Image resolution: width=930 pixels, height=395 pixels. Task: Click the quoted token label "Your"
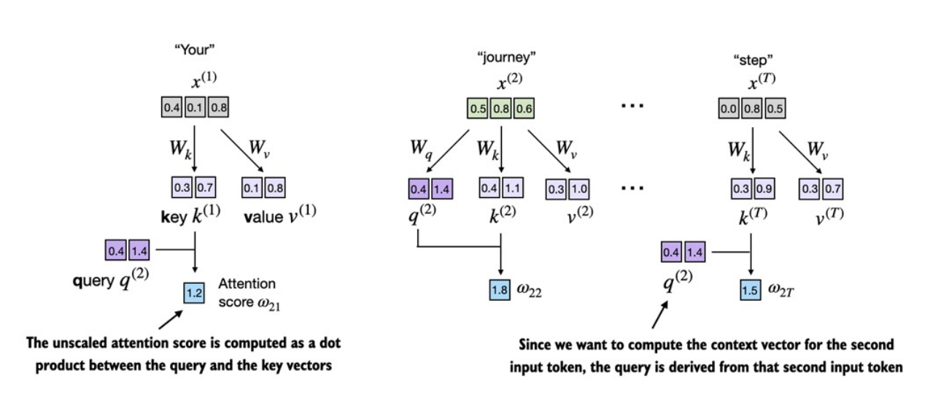tap(195, 52)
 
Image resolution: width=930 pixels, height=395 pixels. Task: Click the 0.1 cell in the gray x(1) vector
tap(195, 108)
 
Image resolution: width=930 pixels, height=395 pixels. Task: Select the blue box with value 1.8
tap(500, 291)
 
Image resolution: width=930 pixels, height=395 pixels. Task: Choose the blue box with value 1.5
tap(751, 291)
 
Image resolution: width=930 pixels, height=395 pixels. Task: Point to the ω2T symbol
tap(783, 291)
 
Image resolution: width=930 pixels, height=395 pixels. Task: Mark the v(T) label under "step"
tap(826, 217)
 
